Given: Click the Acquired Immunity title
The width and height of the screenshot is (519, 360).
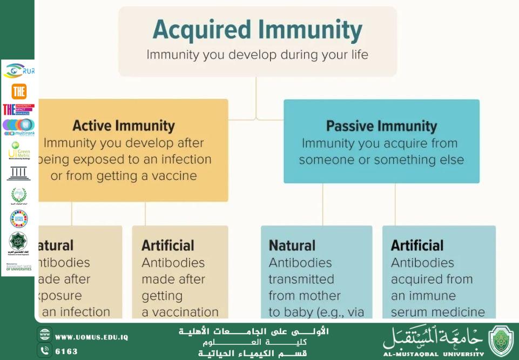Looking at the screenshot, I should [x=258, y=30].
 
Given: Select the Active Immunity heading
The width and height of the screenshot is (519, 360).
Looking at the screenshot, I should [x=124, y=126].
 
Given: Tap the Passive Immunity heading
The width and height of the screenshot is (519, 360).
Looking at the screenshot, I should [x=381, y=126].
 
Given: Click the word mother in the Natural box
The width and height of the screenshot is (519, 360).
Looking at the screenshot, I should [x=319, y=296].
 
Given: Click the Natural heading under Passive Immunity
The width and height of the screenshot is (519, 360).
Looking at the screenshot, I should [x=292, y=245].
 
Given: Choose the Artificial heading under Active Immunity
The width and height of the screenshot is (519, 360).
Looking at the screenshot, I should [x=168, y=245].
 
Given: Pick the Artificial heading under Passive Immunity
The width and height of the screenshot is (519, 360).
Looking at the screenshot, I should [x=417, y=245].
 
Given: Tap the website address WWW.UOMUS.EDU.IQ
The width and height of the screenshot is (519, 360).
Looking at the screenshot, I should [x=92, y=337].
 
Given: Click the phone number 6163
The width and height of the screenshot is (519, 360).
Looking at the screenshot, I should [x=66, y=351].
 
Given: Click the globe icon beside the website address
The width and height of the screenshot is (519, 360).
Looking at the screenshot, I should [x=45, y=335].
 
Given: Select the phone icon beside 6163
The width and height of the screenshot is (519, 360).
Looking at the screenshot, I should [x=45, y=350].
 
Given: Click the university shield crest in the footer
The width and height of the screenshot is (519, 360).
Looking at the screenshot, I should [x=501, y=341].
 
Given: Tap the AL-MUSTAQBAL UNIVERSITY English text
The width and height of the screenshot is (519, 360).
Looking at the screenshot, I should [x=434, y=355].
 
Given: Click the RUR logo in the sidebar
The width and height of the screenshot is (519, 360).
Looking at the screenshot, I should [x=19, y=70].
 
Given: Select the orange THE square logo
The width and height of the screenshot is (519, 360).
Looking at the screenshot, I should [x=19, y=91].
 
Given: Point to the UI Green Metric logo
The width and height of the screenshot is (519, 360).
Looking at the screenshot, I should [x=19, y=151].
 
